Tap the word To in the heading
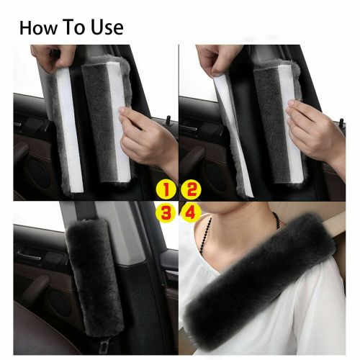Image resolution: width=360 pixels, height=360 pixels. click(77, 28)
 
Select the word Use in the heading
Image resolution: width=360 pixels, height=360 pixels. click(107, 28)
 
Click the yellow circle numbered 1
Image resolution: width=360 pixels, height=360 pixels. click(166, 190)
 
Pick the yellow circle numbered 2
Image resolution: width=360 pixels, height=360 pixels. click(190, 190)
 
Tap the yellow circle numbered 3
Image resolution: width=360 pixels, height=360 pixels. click(166, 212)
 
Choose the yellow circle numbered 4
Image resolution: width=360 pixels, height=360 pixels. click(190, 212)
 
